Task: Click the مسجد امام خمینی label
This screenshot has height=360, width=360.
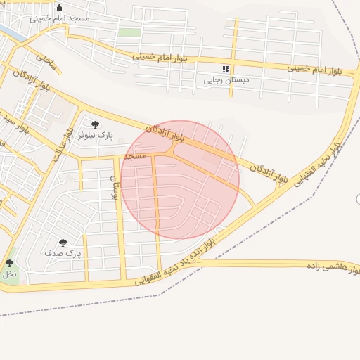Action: [59, 18]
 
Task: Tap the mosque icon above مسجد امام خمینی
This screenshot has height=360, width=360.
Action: [59, 8]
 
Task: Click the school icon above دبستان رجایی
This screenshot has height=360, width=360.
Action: [226, 69]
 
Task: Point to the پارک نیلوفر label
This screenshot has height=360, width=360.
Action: [95, 134]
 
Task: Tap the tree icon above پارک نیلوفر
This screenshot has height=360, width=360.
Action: [95, 124]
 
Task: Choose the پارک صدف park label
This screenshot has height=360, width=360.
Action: [63, 252]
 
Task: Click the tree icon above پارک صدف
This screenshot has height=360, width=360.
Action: [63, 243]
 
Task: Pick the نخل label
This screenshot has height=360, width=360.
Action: [9, 273]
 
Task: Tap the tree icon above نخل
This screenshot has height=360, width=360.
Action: [9, 264]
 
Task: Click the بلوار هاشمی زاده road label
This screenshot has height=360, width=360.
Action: [333, 266]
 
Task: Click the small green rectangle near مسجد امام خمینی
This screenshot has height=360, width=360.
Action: [129, 32]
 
